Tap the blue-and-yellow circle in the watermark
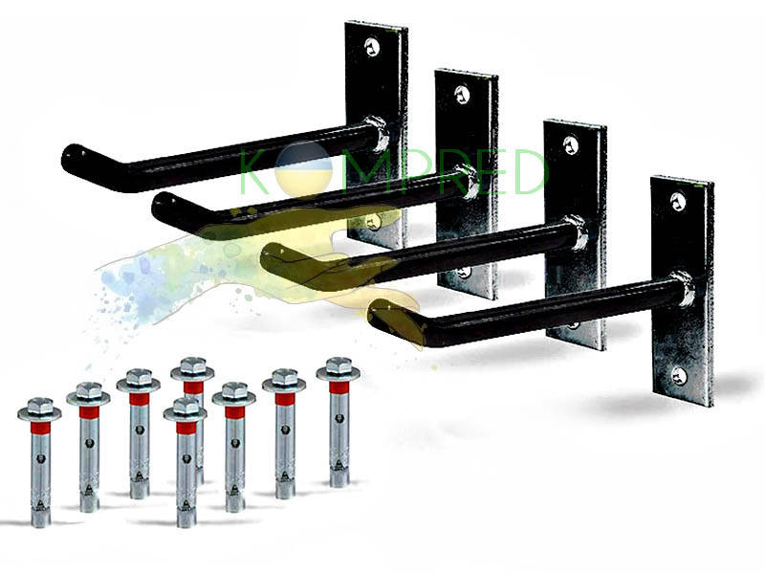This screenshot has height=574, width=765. pos(304,169)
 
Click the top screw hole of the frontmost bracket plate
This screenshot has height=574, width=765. pos(678,201)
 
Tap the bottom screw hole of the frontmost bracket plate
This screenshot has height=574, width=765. pos(679,375)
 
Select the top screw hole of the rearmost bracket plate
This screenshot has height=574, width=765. pos(372,47)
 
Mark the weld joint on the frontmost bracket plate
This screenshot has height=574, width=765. pos(682,289)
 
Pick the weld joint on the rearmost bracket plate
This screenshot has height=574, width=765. pos(377,131)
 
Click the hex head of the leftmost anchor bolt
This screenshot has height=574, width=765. pos(39,408)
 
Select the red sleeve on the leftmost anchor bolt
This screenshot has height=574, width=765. pos(39,429)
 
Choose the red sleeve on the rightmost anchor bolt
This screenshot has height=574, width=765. pos(339,387)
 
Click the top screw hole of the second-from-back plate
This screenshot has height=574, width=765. pos(461,94)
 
